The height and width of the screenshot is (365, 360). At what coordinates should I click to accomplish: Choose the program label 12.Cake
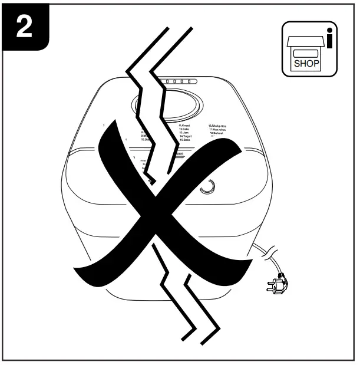[x=187, y=130]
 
